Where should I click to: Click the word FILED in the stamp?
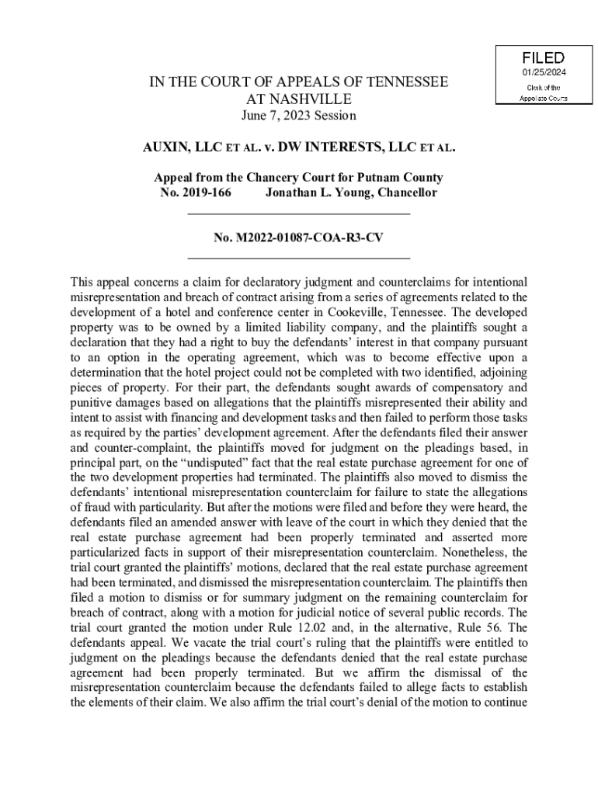click(543, 58)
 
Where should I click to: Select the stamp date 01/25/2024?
click(543, 73)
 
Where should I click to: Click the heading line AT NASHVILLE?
click(298, 99)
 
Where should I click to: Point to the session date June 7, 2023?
click(298, 116)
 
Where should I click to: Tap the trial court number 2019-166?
click(207, 193)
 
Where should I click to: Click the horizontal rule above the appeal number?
click(299, 213)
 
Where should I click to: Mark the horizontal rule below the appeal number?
click(299, 256)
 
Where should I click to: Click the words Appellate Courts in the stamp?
click(543, 98)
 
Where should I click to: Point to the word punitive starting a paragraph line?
click(89, 401)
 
